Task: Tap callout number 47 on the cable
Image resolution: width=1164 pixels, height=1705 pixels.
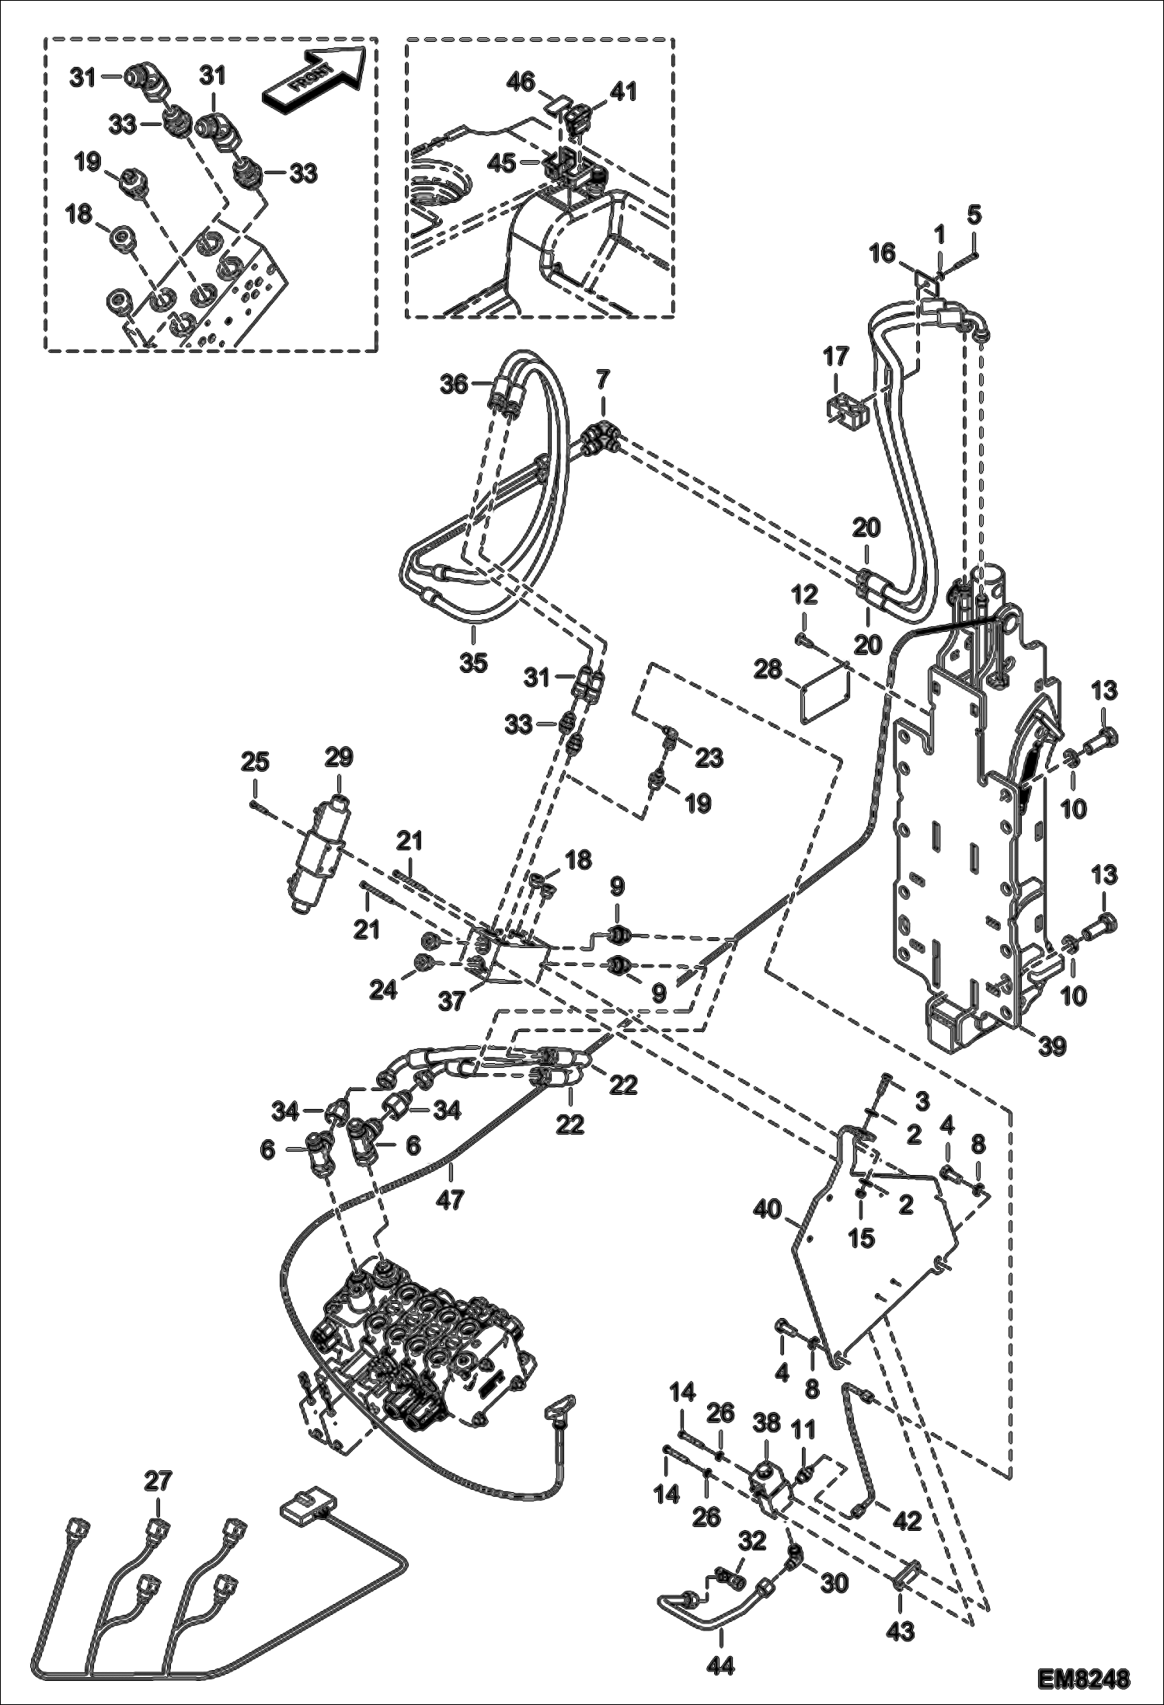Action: [450, 1201]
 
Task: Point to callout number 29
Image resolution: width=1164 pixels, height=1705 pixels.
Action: [339, 757]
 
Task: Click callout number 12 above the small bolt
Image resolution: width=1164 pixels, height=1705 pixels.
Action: [804, 596]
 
